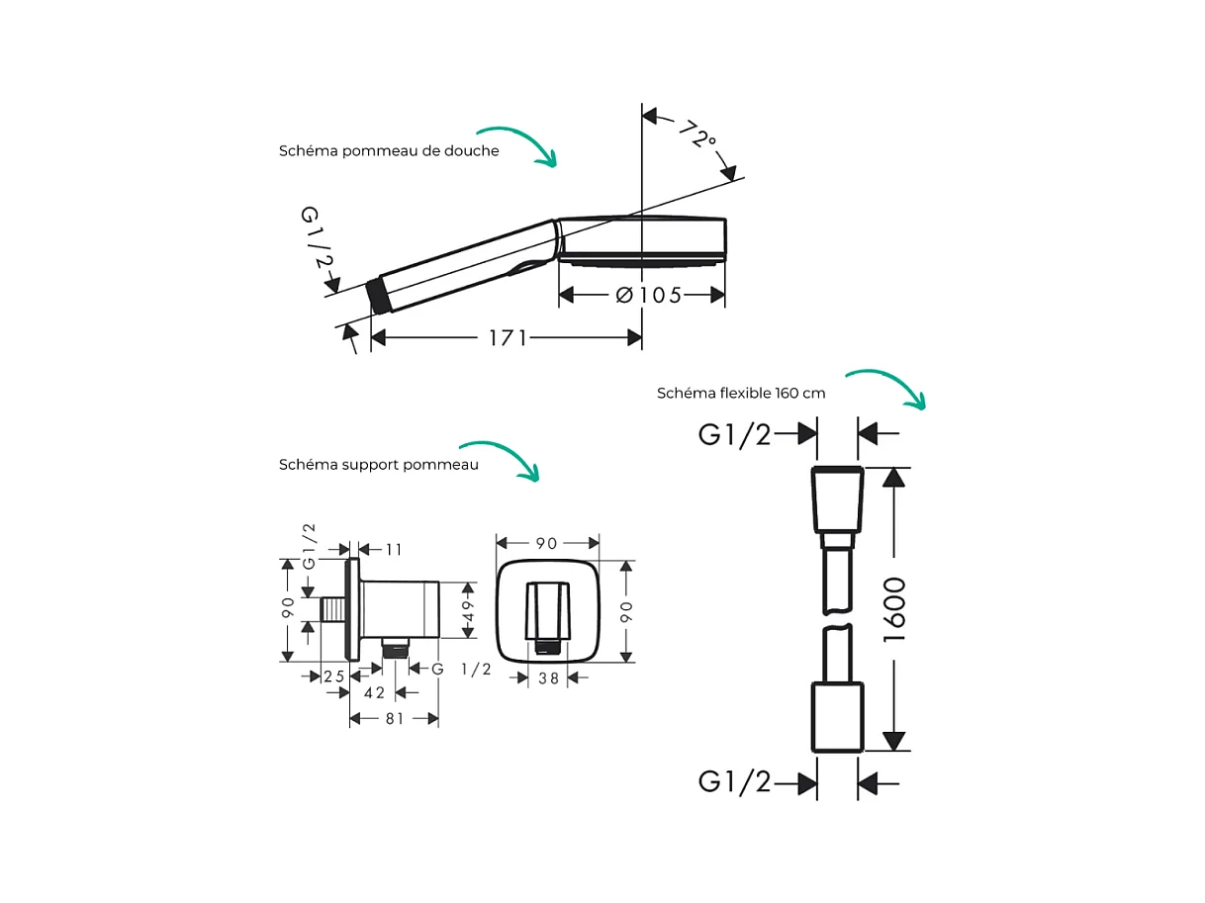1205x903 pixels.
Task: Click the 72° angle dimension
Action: (697, 135)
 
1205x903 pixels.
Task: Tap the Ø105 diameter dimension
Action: (648, 295)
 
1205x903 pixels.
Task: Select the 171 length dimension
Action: (508, 338)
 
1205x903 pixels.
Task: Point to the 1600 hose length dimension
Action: (894, 609)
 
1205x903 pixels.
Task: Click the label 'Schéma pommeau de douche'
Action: (389, 151)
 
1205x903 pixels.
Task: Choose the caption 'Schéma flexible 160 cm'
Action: (741, 393)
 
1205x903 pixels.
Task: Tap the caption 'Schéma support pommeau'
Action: (378, 465)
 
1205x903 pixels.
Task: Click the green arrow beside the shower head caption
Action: (516, 146)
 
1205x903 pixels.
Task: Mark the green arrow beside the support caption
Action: (500, 461)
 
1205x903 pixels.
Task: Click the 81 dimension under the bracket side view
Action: (394, 719)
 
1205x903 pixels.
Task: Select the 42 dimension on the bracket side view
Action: (374, 693)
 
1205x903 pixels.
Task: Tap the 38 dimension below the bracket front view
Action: (548, 678)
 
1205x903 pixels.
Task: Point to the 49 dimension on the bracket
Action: (468, 610)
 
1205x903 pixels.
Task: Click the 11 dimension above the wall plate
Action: (394, 549)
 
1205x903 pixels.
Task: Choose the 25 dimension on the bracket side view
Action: (333, 677)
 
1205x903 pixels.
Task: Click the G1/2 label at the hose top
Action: (734, 435)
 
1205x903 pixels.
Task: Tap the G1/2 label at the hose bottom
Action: (734, 781)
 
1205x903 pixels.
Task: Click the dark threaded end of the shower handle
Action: (378, 297)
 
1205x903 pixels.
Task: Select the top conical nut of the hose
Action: (837, 499)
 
